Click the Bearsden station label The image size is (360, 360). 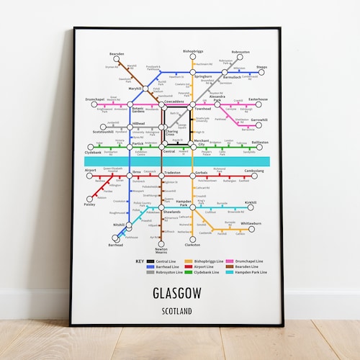click(117, 53)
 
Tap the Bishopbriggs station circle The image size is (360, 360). click(193, 58)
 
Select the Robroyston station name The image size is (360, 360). click(240, 53)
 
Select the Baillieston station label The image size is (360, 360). click(258, 142)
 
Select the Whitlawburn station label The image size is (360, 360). click(251, 223)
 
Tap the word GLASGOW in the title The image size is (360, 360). click(177, 293)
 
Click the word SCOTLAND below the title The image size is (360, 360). click(177, 310)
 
